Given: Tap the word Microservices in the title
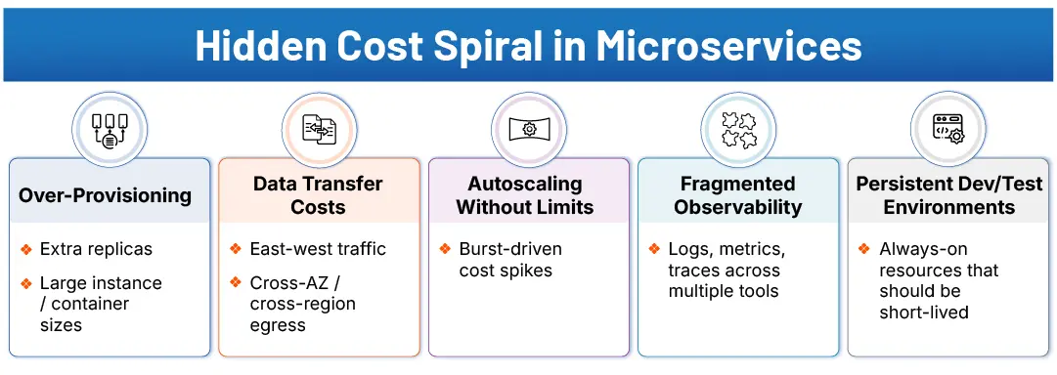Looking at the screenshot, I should pyautogui.click(x=730, y=46).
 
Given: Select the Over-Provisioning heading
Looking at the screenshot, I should pyautogui.click(x=106, y=195).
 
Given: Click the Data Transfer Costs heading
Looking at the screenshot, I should pyautogui.click(x=318, y=195).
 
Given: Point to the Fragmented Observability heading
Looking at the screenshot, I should pyautogui.click(x=738, y=195).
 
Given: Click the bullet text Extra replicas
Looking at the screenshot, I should pyautogui.click(x=96, y=249).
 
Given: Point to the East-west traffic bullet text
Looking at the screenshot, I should pyautogui.click(x=319, y=249).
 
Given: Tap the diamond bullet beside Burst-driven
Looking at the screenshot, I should pyautogui.click(x=446, y=249).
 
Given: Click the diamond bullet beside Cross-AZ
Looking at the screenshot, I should pyautogui.click(x=236, y=282).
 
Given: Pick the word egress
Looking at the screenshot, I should pyautogui.click(x=278, y=325).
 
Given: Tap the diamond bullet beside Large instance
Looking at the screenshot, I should pyautogui.click(x=26, y=283).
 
